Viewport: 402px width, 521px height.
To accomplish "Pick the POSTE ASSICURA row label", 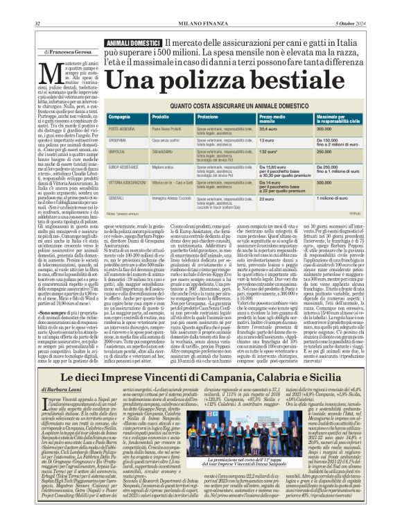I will pyautogui.click(x=122, y=129).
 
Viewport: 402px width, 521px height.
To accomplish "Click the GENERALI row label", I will pyautogui.click(x=116, y=199).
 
